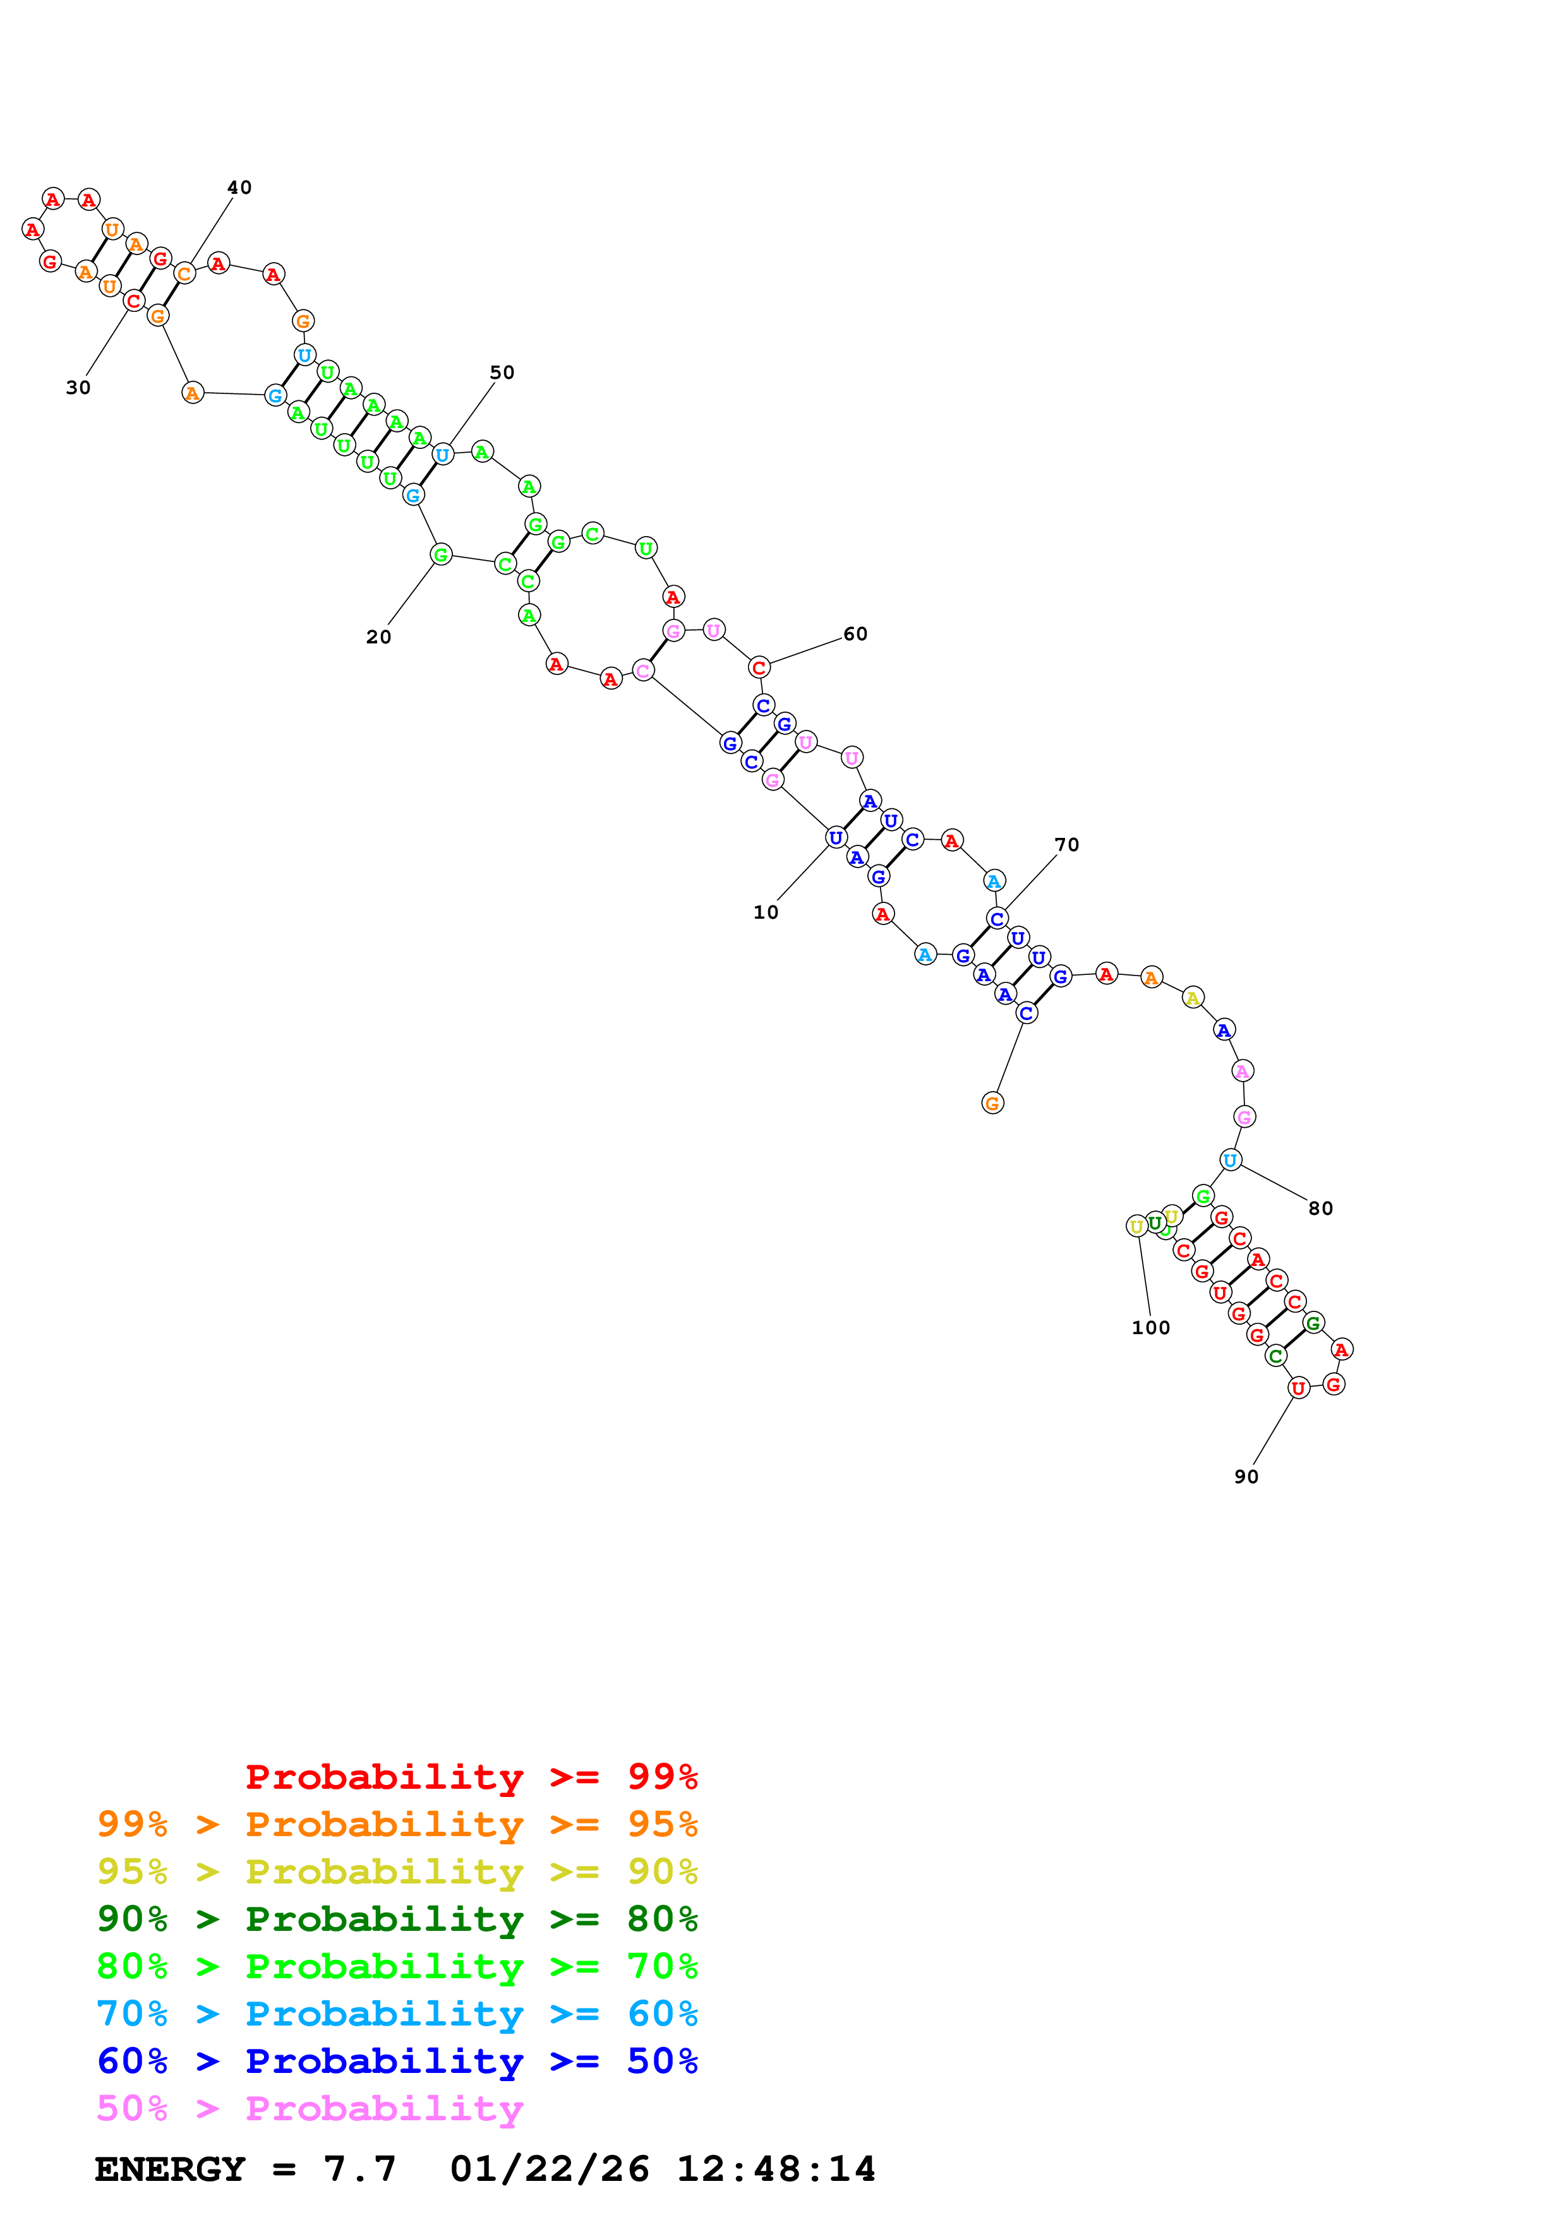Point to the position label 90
pyautogui.click(x=1246, y=1476)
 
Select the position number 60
pyautogui.click(x=855, y=634)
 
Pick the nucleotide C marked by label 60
pyautogui.click(x=759, y=667)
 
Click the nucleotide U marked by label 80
pyautogui.click(x=1229, y=1160)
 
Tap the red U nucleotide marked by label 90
pyautogui.click(x=1299, y=1388)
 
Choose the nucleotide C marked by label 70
pyautogui.click(x=997, y=919)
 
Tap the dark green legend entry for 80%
pyautogui.click(x=397, y=1919)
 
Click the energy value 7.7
pyautogui.click(x=360, y=2169)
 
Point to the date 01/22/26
pyautogui.click(x=549, y=2169)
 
